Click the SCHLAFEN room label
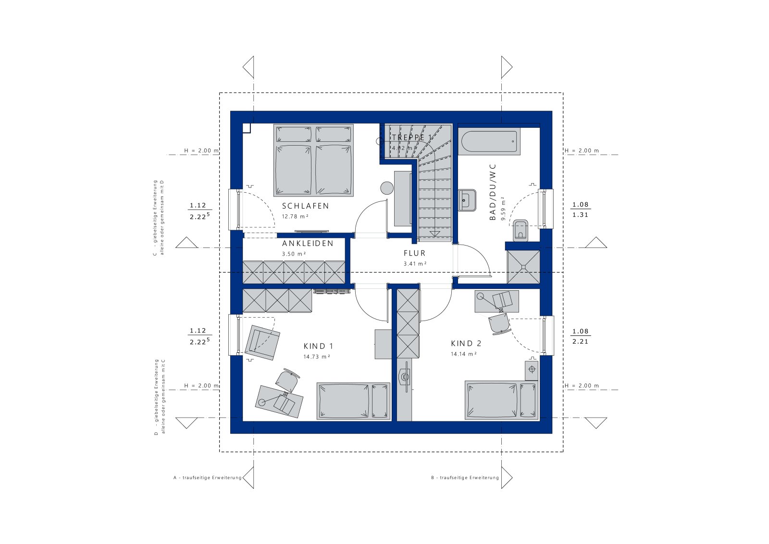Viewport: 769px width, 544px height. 305,206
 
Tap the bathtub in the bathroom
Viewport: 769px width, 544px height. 489,141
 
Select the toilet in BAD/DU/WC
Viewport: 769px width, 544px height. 520,230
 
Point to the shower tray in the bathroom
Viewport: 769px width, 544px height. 523,267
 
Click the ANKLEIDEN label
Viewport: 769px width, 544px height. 308,243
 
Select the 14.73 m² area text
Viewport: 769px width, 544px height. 316,357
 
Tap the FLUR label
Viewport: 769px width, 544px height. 414,253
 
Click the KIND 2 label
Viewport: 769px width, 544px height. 466,343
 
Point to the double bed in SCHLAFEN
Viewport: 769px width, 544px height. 313,160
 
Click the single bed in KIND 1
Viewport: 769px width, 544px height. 353,401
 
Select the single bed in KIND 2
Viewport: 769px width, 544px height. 501,400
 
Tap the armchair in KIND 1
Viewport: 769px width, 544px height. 262,342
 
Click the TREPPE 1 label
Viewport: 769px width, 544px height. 411,137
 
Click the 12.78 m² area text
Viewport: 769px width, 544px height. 295,216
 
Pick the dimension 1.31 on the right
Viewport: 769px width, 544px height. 580,215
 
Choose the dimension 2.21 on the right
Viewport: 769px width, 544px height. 580,342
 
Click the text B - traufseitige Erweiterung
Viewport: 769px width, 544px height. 465,478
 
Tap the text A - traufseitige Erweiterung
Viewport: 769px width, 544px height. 207,478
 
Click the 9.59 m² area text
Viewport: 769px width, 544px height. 503,208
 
